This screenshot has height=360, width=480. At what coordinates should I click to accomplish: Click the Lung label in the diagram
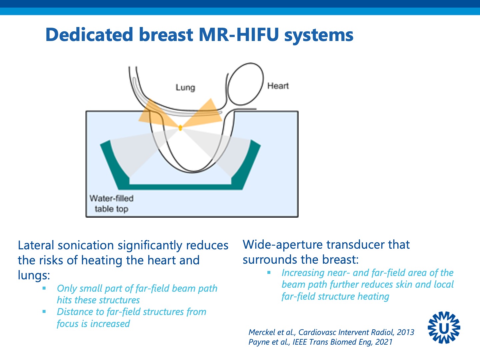coord(185,88)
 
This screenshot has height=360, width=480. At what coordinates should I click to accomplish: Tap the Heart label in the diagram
coord(278,86)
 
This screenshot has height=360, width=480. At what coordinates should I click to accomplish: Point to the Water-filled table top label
coord(111,204)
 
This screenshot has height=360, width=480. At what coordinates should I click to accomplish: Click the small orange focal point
coord(180,128)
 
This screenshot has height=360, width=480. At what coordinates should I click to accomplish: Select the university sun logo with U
coord(444,327)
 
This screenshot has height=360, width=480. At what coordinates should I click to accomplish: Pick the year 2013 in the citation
coord(405,332)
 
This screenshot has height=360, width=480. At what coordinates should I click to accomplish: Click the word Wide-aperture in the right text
coord(283,245)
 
